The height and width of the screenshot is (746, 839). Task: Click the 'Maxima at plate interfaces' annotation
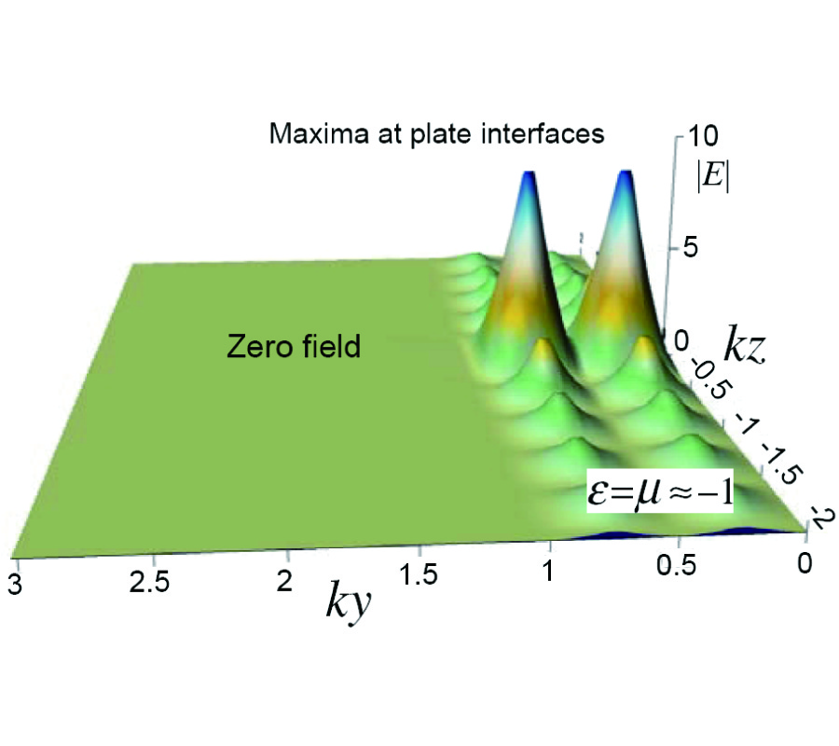pos(437,134)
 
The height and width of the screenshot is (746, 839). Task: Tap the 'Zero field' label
pos(294,349)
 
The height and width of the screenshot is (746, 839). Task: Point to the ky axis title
pos(350,603)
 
